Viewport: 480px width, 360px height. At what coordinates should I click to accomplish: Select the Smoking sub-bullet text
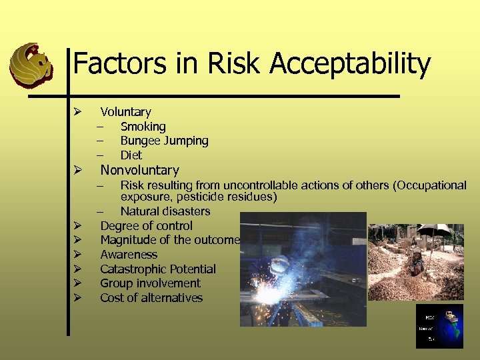pos(143,126)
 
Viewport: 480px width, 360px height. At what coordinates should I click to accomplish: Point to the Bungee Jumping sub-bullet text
pos(164,141)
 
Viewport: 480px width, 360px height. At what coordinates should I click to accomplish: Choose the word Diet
pos(131,155)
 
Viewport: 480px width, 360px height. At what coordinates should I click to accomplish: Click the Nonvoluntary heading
pos(139,171)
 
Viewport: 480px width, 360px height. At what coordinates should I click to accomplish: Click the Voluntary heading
pos(125,112)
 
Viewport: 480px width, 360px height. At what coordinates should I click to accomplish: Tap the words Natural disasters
pos(165,211)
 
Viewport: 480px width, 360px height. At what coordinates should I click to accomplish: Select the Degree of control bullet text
pos(146,226)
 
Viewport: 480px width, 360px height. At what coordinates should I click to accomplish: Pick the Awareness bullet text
pos(129,255)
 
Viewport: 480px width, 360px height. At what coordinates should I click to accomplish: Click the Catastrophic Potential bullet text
pos(158,269)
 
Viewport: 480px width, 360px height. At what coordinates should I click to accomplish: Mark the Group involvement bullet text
pos(150,283)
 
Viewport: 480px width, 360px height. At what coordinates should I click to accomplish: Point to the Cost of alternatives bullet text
pos(151,298)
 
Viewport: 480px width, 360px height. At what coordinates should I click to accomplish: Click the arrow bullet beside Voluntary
pos(77,111)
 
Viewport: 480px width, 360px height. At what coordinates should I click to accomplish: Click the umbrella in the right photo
pos(433,229)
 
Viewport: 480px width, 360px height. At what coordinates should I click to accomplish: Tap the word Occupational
pos(431,185)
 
